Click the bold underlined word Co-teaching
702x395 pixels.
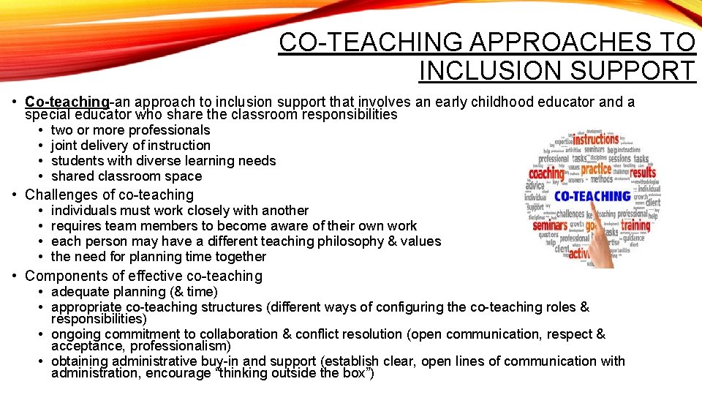(67, 102)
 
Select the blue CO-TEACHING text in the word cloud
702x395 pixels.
(592, 196)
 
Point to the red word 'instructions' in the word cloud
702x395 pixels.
(595, 140)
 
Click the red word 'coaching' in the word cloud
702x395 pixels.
(547, 173)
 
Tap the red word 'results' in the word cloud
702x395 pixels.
(643, 173)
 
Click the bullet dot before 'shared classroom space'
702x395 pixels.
(40, 176)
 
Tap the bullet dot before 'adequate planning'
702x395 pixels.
(40, 292)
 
